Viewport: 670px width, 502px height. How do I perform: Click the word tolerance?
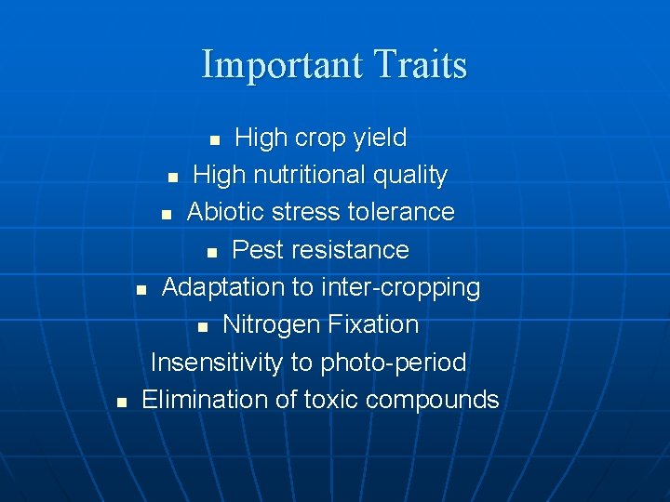[x=401, y=212]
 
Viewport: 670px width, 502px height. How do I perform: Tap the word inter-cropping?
[x=400, y=288]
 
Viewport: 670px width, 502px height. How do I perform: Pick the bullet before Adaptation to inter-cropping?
[x=141, y=290]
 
